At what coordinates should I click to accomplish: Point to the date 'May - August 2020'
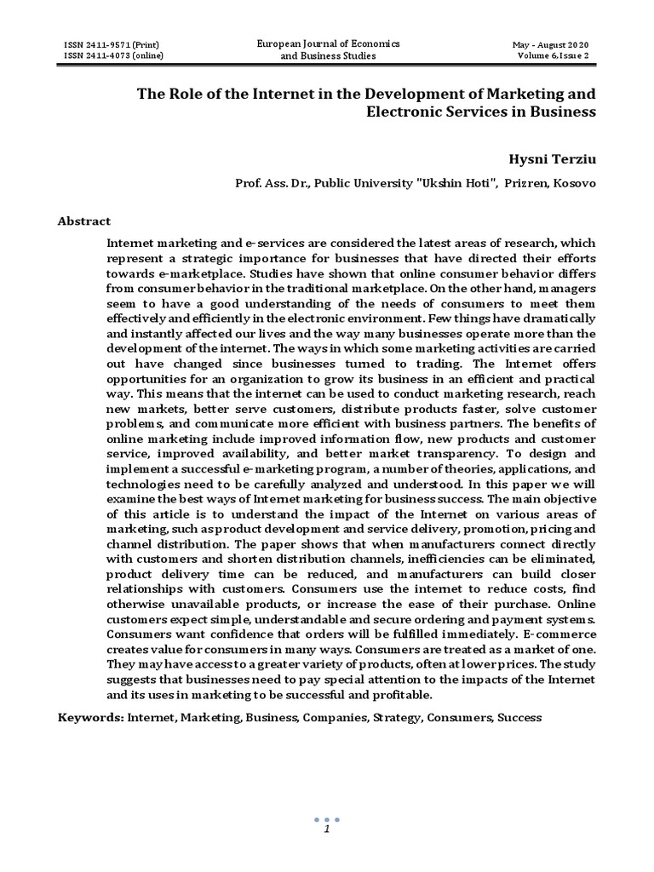tap(550, 44)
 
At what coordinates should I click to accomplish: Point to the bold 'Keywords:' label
tap(90, 717)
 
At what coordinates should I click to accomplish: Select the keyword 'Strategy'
tap(394, 717)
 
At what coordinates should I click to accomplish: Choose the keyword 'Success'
tap(519, 717)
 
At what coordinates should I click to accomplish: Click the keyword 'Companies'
tap(332, 717)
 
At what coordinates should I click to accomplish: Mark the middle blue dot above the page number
tap(326, 818)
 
